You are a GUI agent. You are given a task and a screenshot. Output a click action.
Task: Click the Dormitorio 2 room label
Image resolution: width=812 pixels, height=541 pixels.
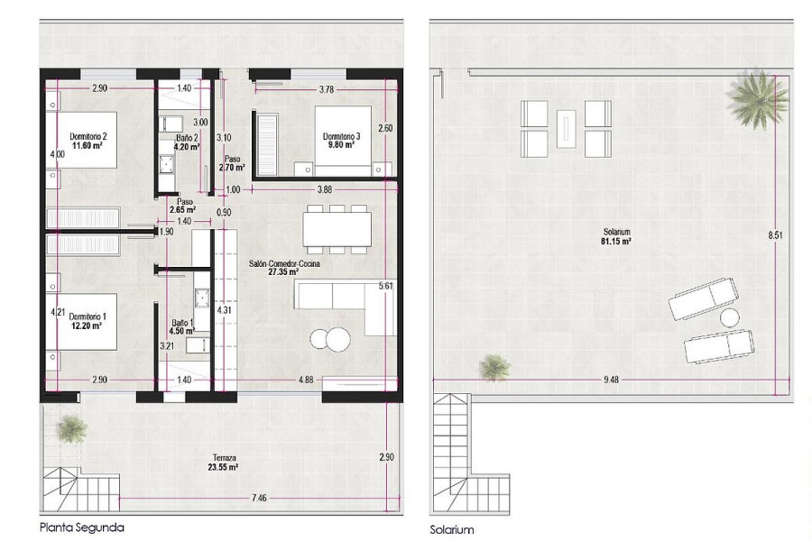coord(88,137)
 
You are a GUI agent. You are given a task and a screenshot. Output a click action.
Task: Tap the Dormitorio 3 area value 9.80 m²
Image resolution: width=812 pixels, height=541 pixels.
coord(341,145)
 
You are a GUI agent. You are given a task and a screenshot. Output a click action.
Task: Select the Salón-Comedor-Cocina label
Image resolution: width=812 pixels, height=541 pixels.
coord(284,263)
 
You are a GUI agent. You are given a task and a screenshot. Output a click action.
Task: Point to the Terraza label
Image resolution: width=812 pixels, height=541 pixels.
coord(225,458)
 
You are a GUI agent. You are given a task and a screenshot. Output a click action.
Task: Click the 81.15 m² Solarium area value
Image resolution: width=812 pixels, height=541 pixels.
coord(616,242)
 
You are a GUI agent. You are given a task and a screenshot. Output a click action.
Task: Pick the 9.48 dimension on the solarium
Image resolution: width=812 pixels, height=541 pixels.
coord(611,380)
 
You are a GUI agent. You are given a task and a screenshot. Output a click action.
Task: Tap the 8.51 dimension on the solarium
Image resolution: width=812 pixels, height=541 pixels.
coord(775,235)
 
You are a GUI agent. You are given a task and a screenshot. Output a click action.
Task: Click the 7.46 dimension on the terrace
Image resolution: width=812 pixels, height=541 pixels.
coord(259,498)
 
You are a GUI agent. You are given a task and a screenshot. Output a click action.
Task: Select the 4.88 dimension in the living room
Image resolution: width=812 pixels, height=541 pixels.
coord(306,380)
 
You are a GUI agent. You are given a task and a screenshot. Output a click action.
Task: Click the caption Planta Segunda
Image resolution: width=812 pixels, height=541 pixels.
coord(82,527)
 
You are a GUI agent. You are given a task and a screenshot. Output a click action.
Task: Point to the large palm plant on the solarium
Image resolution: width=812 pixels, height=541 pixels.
coord(757,98)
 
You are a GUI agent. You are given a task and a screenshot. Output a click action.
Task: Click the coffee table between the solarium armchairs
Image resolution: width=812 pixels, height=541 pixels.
coord(566,128)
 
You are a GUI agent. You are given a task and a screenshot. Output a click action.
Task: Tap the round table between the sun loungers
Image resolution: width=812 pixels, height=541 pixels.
coord(730,317)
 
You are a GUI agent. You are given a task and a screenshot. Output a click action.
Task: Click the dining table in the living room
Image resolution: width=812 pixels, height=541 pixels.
coord(337,229)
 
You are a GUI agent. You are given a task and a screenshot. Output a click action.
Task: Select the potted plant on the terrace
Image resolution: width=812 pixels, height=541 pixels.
coord(71,429)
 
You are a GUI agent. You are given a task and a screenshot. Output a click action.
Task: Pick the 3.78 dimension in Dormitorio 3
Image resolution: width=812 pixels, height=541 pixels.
coord(327,89)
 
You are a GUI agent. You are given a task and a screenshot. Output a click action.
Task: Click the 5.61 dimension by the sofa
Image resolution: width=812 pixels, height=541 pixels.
coord(386,285)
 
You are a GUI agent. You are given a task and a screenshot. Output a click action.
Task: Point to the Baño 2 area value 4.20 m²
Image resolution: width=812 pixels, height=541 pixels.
coord(187,147)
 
